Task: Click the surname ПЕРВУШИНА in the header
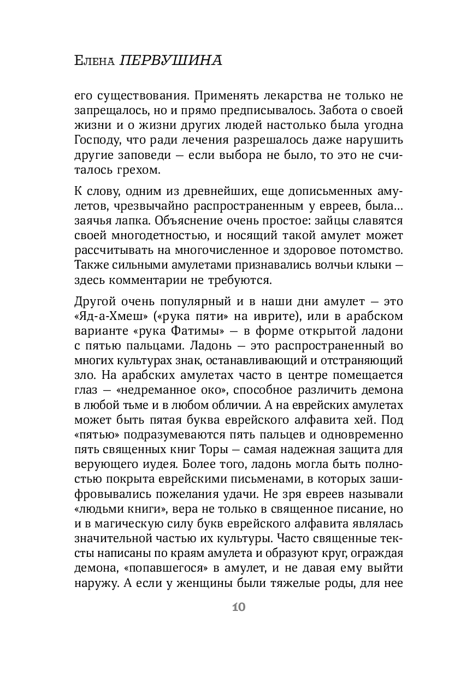pos(170,61)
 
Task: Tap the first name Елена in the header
pos(93,62)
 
